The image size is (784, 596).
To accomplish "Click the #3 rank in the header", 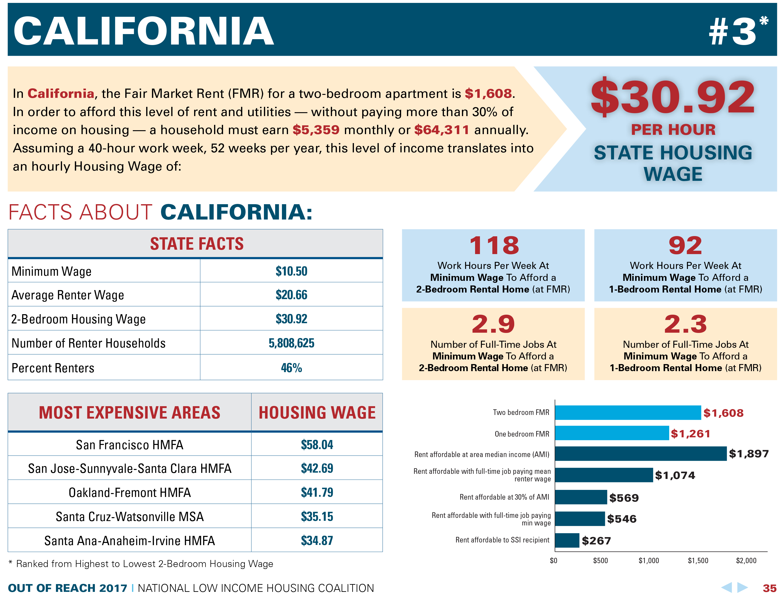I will click(x=733, y=32).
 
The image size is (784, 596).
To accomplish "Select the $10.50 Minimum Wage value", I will click(x=291, y=271).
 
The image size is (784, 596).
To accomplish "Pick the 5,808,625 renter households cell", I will click(x=291, y=343).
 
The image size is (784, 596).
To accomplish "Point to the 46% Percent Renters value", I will click(x=291, y=368).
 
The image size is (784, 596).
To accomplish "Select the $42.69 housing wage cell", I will click(x=317, y=468).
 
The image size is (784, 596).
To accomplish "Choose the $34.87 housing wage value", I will click(x=317, y=541).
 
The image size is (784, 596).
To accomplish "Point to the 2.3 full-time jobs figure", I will click(x=685, y=324).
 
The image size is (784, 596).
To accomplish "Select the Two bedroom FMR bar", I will click(x=628, y=413).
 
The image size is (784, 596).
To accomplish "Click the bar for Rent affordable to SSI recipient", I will click(x=567, y=540).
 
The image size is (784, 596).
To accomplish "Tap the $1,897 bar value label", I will click(x=748, y=454).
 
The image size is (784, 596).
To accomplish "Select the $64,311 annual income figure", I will click(x=442, y=130).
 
